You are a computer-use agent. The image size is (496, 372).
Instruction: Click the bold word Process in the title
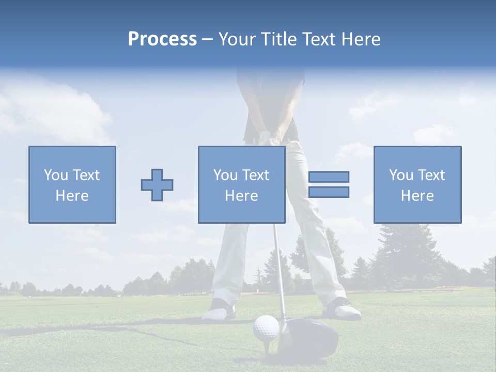point(162,39)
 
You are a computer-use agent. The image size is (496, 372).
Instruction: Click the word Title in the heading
point(280,39)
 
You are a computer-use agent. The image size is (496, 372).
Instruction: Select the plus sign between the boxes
point(157,185)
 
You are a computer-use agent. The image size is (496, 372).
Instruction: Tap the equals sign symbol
point(329,184)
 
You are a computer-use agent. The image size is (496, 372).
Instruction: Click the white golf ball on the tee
point(266,328)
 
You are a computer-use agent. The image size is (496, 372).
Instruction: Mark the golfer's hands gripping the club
point(270,136)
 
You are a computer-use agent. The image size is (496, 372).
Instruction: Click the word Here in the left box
point(72,196)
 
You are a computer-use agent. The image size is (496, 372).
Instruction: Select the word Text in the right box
point(431,175)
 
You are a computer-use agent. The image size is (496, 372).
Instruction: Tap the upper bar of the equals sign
point(329,177)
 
